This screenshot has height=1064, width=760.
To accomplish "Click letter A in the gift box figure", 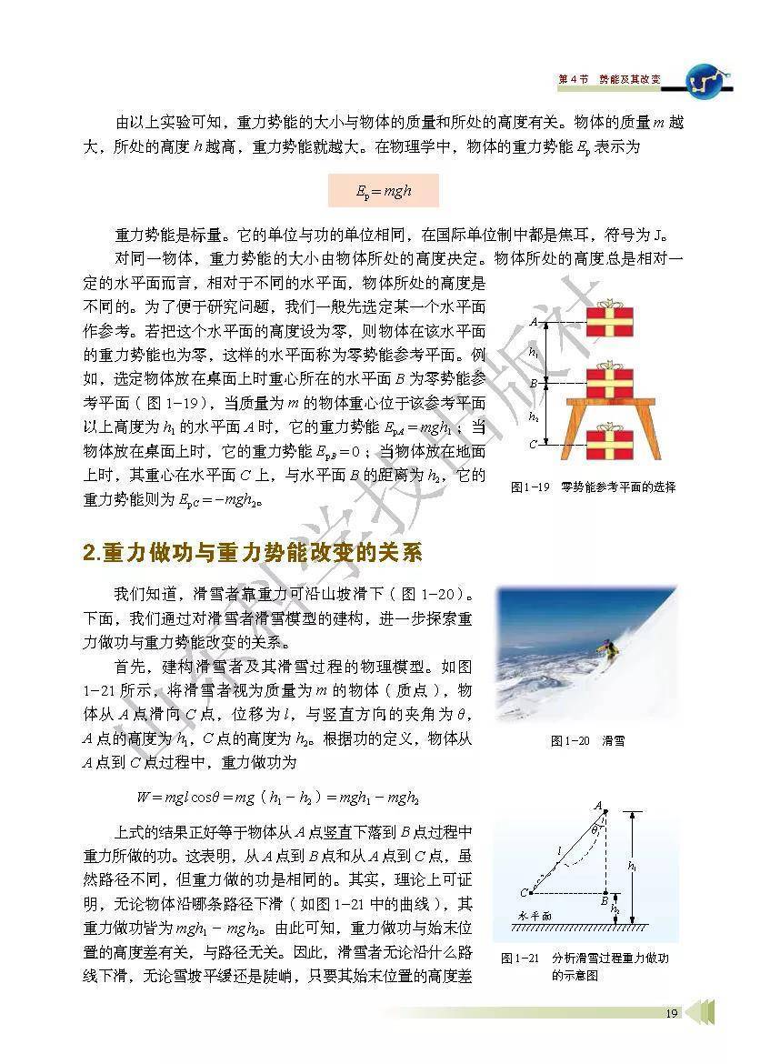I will pos(533,322).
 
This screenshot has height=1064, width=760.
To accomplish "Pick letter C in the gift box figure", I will pos(533,445).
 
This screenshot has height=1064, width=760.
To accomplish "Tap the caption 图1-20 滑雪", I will pos(587,741).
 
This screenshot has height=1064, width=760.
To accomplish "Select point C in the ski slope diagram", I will pos(525,892).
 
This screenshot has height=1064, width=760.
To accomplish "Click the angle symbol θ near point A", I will pos(595,829).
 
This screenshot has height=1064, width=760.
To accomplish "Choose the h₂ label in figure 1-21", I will pos(615,908).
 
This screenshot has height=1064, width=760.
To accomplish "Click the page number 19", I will pos(671,1013).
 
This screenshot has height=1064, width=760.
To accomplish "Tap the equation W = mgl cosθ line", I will pos(277,798).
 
